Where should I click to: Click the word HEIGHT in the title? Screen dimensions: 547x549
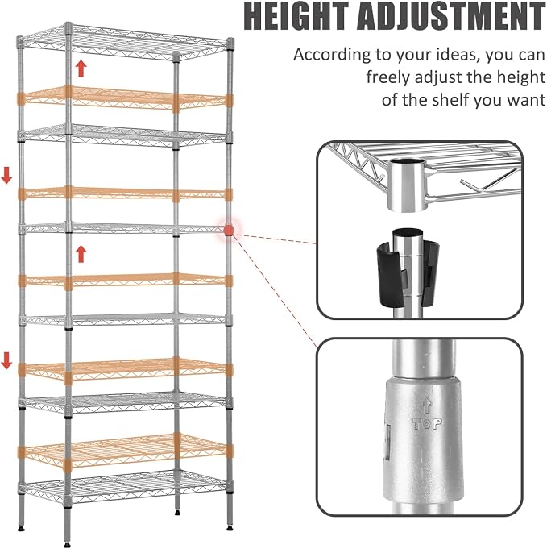(297, 16)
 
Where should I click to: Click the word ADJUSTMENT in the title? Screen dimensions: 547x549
(451, 16)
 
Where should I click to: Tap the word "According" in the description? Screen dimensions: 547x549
(332, 56)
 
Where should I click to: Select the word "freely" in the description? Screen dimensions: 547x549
(388, 77)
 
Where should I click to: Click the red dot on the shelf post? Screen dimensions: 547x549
(229, 230)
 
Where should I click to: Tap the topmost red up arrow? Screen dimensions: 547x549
(81, 69)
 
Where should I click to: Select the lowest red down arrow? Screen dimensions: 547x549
(6, 360)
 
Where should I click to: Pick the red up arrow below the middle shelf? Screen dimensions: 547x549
(81, 254)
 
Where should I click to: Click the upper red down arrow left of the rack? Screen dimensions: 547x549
(6, 176)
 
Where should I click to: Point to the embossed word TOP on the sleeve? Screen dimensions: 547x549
(427, 424)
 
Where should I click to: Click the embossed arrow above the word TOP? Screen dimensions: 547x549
(426, 407)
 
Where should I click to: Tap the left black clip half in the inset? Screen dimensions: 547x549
(388, 272)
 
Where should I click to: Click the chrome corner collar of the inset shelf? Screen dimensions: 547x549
(408, 185)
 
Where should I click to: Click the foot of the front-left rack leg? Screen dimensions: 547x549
(67, 545)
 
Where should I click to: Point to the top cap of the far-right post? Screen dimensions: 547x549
(230, 43)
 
